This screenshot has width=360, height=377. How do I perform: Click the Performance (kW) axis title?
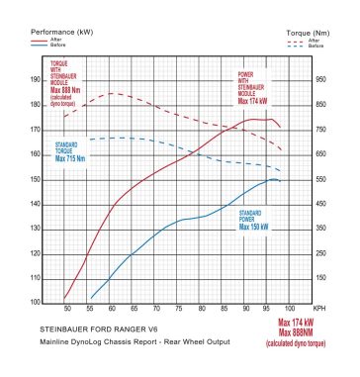point(61,33)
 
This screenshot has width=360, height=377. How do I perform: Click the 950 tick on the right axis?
point(320,79)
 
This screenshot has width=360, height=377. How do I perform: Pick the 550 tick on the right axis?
point(320,180)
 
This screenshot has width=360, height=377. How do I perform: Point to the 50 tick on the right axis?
point(318,303)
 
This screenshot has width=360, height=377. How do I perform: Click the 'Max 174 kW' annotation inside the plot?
point(251,100)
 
